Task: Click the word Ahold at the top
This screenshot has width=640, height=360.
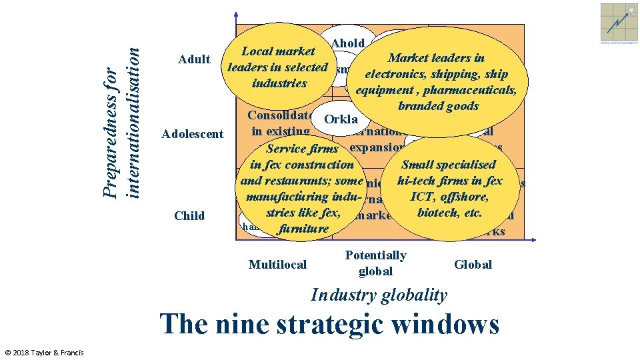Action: click(347, 43)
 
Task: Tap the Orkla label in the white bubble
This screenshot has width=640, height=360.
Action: click(341, 120)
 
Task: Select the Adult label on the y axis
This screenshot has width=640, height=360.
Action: click(195, 60)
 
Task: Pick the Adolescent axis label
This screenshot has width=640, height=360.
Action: click(193, 134)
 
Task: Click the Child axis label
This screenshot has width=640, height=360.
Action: click(189, 215)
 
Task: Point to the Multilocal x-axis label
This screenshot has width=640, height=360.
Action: click(277, 265)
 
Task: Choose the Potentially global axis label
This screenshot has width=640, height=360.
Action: click(375, 263)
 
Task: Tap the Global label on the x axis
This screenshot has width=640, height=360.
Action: click(473, 265)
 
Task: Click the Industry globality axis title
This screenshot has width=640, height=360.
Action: click(379, 295)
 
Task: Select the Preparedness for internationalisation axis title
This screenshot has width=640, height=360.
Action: click(124, 114)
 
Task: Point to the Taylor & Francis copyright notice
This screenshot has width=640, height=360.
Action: click(43, 352)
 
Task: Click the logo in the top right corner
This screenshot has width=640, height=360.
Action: click(619, 22)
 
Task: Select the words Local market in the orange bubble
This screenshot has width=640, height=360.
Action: click(278, 51)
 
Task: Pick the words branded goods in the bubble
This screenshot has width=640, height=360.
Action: click(438, 106)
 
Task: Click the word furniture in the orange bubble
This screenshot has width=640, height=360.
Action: click(305, 229)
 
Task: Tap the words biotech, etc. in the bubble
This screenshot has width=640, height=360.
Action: click(449, 213)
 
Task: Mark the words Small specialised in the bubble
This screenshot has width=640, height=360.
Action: click(449, 165)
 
